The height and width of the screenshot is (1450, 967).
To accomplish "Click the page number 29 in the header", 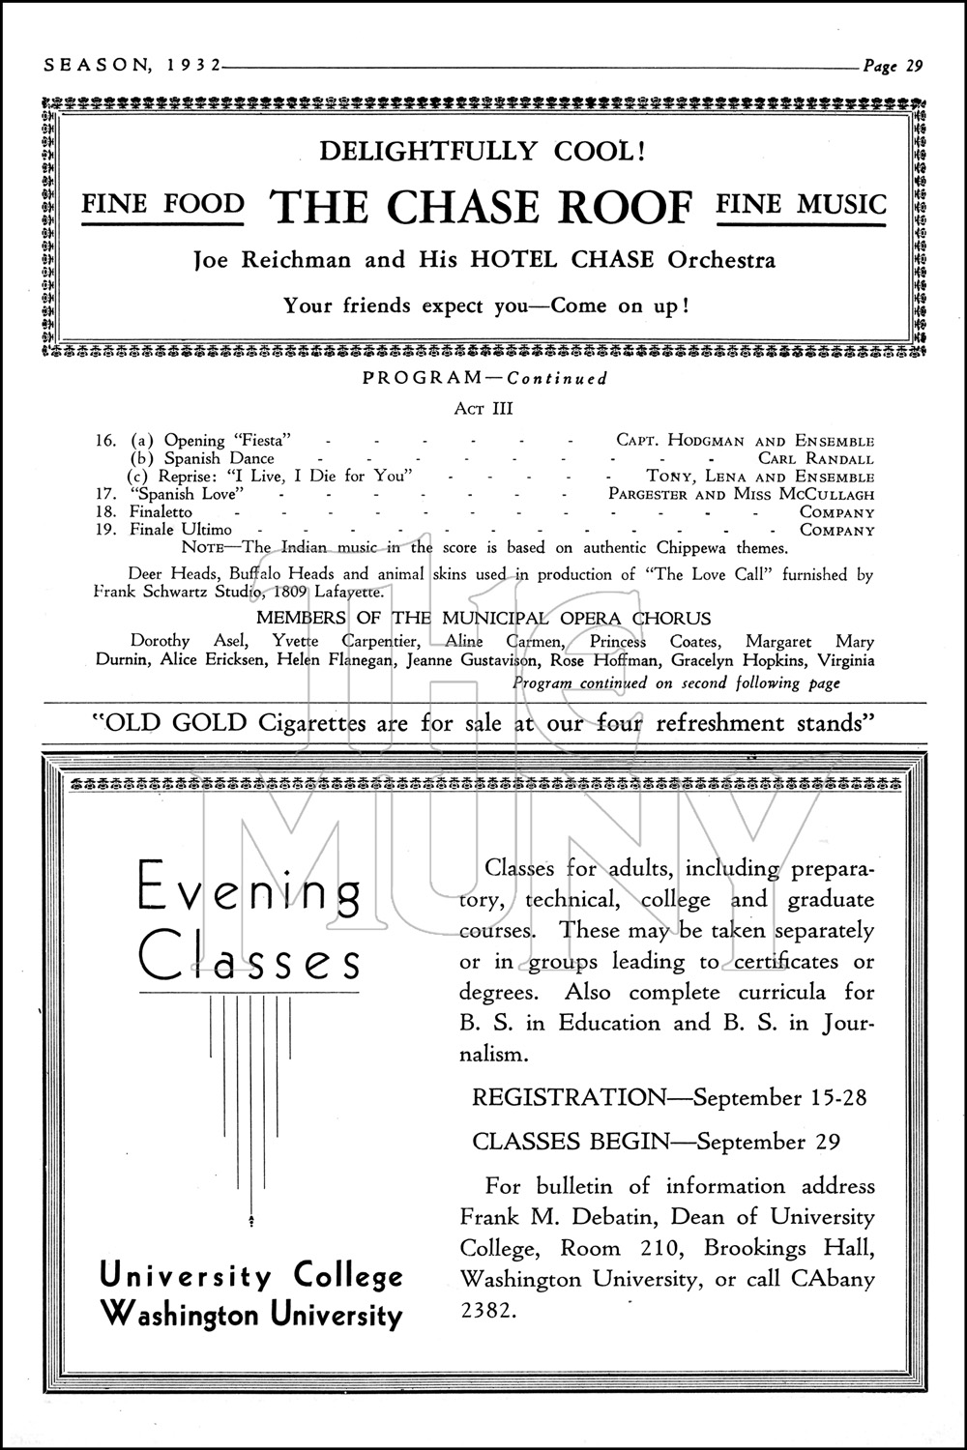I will click(914, 66).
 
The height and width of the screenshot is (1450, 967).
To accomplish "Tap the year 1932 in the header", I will click(190, 66).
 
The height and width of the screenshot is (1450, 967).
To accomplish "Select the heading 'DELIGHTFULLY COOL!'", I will click(483, 151).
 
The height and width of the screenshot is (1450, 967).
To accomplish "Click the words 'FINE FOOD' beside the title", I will click(162, 204).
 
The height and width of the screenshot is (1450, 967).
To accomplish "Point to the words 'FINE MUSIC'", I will click(801, 204).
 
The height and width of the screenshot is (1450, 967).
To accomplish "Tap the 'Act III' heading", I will click(483, 409).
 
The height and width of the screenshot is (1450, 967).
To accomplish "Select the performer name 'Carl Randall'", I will click(815, 459).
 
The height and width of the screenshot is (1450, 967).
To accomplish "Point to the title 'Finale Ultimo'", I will click(181, 530).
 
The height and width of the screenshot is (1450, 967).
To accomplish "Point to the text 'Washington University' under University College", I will click(251, 1315).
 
